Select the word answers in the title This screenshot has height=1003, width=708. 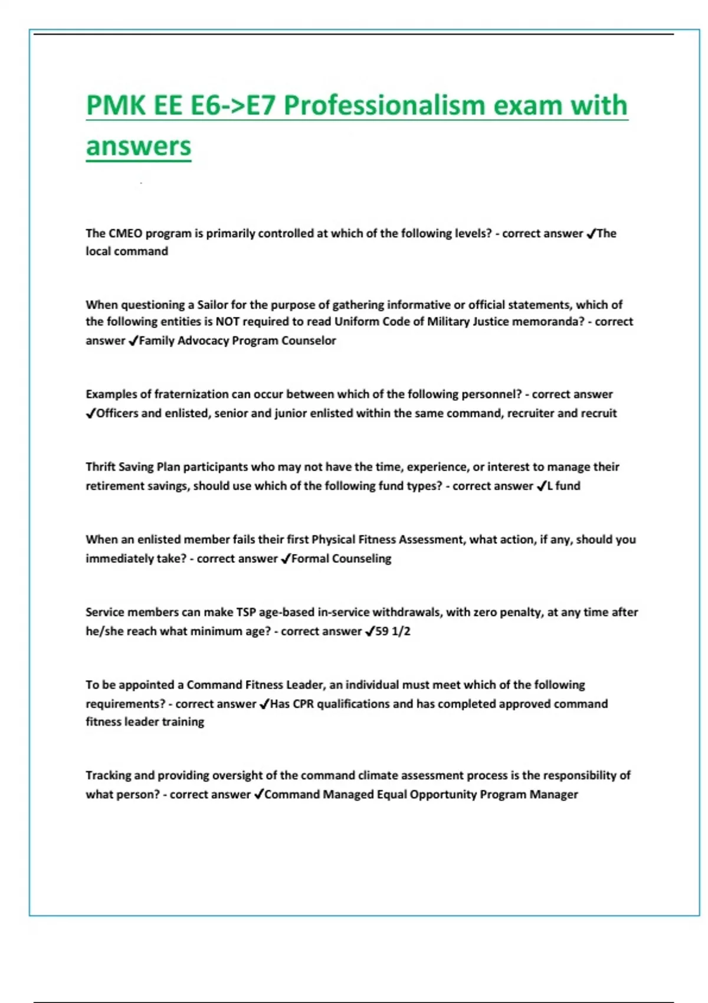click(x=139, y=146)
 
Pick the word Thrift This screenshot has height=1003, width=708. click(x=100, y=467)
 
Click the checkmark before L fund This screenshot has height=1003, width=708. click(x=542, y=486)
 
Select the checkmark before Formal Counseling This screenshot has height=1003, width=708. click(x=286, y=559)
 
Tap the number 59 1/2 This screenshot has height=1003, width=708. click(x=393, y=631)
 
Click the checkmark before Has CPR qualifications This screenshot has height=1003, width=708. click(x=264, y=704)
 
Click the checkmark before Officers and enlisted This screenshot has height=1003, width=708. click(x=90, y=414)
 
